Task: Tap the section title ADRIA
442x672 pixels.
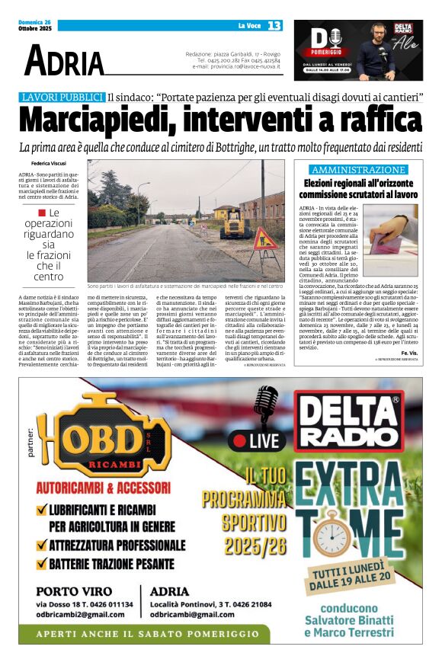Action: click(64, 60)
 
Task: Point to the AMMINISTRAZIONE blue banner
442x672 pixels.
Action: click(358, 170)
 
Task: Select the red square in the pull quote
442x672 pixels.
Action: click(42, 213)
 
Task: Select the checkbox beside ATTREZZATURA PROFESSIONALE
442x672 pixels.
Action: click(43, 546)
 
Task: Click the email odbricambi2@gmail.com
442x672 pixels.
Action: click(79, 614)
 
